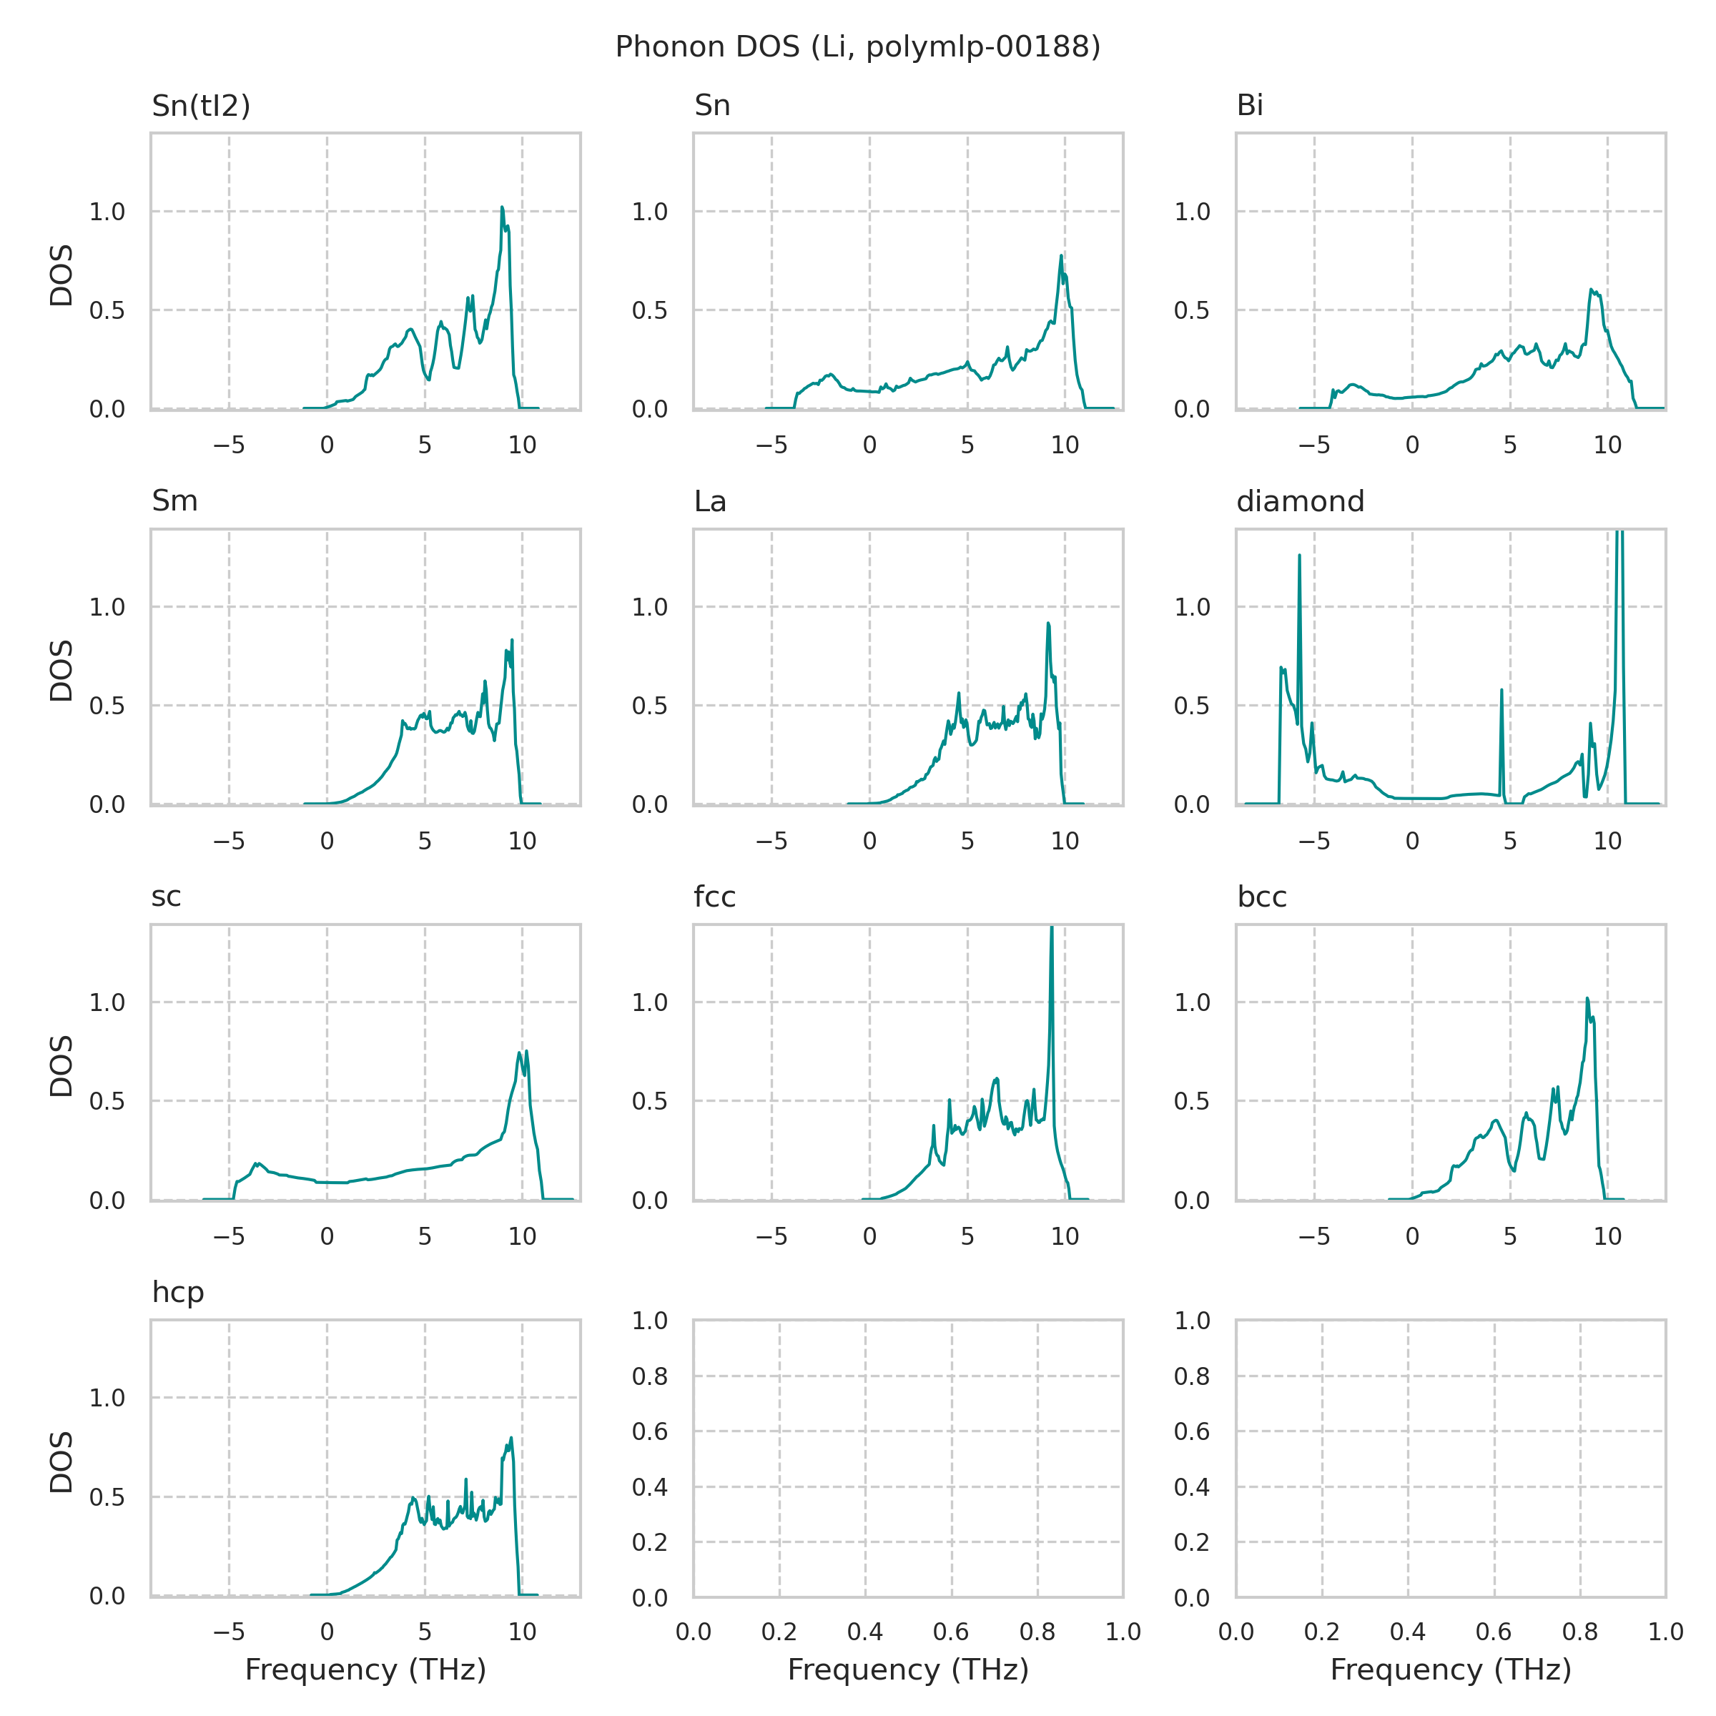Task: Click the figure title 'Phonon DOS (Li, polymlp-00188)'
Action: coord(857,47)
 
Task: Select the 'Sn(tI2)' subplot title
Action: coord(201,106)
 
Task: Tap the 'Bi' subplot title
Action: coord(1250,106)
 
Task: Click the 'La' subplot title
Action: coord(710,502)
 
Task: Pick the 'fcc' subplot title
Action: coord(714,897)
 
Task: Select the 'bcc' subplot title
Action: coord(1261,897)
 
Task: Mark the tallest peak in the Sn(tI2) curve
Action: coord(502,208)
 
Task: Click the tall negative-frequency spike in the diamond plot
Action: coord(1299,556)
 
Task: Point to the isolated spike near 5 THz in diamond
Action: coord(1501,690)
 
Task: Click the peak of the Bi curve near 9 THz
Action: coord(1591,290)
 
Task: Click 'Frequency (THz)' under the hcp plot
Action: coord(365,1669)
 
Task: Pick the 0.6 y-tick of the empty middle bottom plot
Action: coord(649,1431)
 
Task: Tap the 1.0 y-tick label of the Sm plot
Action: coord(107,608)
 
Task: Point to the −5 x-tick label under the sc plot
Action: coord(229,1236)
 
